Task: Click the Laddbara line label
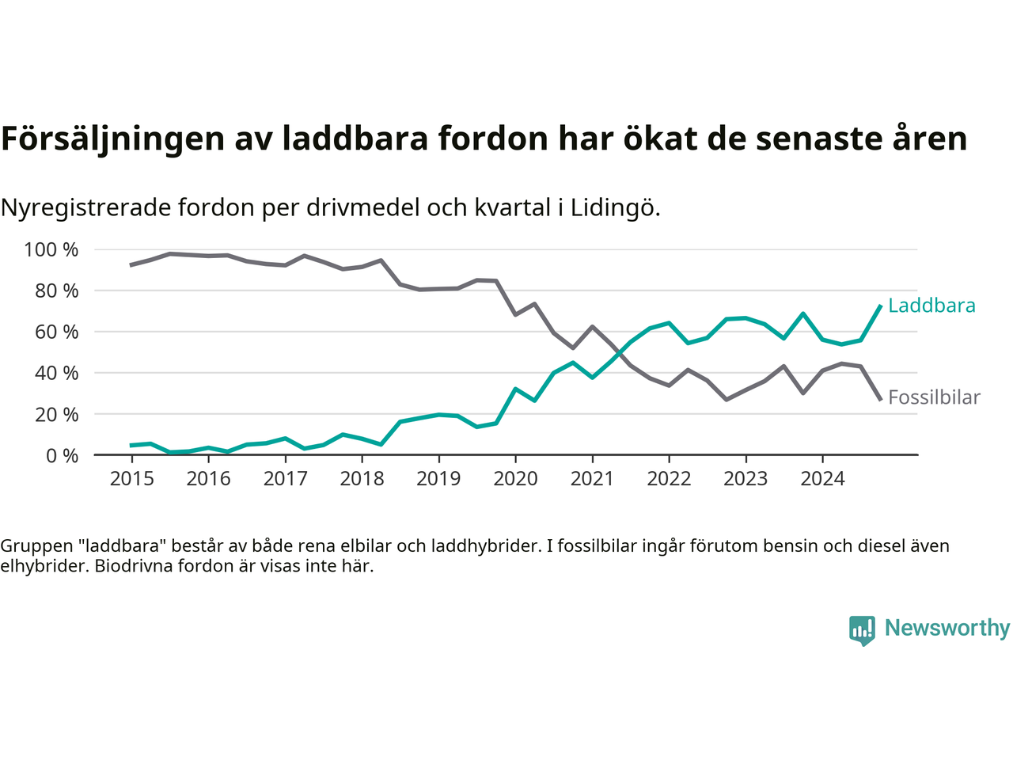tap(931, 306)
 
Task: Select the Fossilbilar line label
tap(934, 397)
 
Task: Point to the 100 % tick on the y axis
tap(51, 250)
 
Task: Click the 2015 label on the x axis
tap(131, 478)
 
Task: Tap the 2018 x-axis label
tap(362, 478)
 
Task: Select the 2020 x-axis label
tap(515, 478)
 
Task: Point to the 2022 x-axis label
tap(669, 478)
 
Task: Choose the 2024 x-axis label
tap(822, 478)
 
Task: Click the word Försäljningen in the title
tap(112, 139)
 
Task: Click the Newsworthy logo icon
tap(862, 630)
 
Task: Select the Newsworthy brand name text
tap(947, 628)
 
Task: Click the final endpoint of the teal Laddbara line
tap(880, 306)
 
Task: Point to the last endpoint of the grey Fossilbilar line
tap(880, 399)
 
